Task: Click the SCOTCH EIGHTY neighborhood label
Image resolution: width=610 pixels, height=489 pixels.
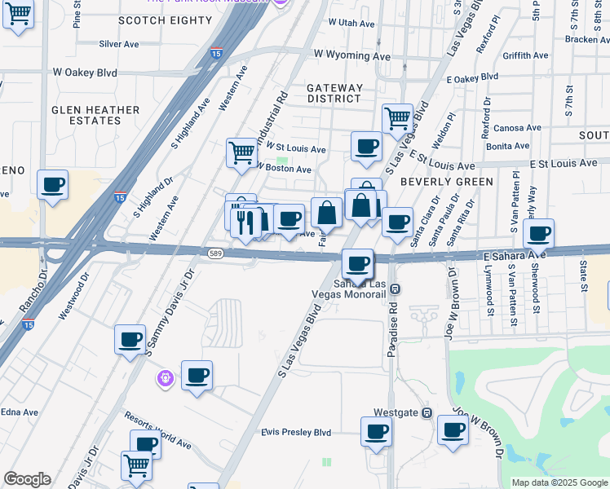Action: click(158, 20)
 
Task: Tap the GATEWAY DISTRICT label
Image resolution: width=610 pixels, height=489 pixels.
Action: click(334, 93)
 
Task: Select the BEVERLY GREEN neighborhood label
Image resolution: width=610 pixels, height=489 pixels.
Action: click(447, 182)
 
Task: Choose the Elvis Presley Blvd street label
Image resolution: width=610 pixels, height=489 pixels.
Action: click(296, 432)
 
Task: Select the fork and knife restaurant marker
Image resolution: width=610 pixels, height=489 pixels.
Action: click(245, 220)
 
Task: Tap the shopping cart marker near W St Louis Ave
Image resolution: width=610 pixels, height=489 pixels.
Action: click(241, 152)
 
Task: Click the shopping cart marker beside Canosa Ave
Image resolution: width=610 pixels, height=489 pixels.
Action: click(397, 117)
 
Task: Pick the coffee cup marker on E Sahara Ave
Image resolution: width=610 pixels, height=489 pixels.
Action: click(538, 233)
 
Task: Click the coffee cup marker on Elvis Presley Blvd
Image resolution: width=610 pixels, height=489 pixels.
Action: click(377, 430)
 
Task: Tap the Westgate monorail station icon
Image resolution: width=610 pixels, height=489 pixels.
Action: click(427, 412)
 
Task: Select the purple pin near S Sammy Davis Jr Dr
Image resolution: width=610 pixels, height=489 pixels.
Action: click(165, 378)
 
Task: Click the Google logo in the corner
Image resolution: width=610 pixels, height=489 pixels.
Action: click(27, 479)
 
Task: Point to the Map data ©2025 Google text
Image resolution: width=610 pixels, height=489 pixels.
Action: click(559, 482)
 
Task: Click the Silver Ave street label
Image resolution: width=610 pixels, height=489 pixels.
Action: click(119, 44)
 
